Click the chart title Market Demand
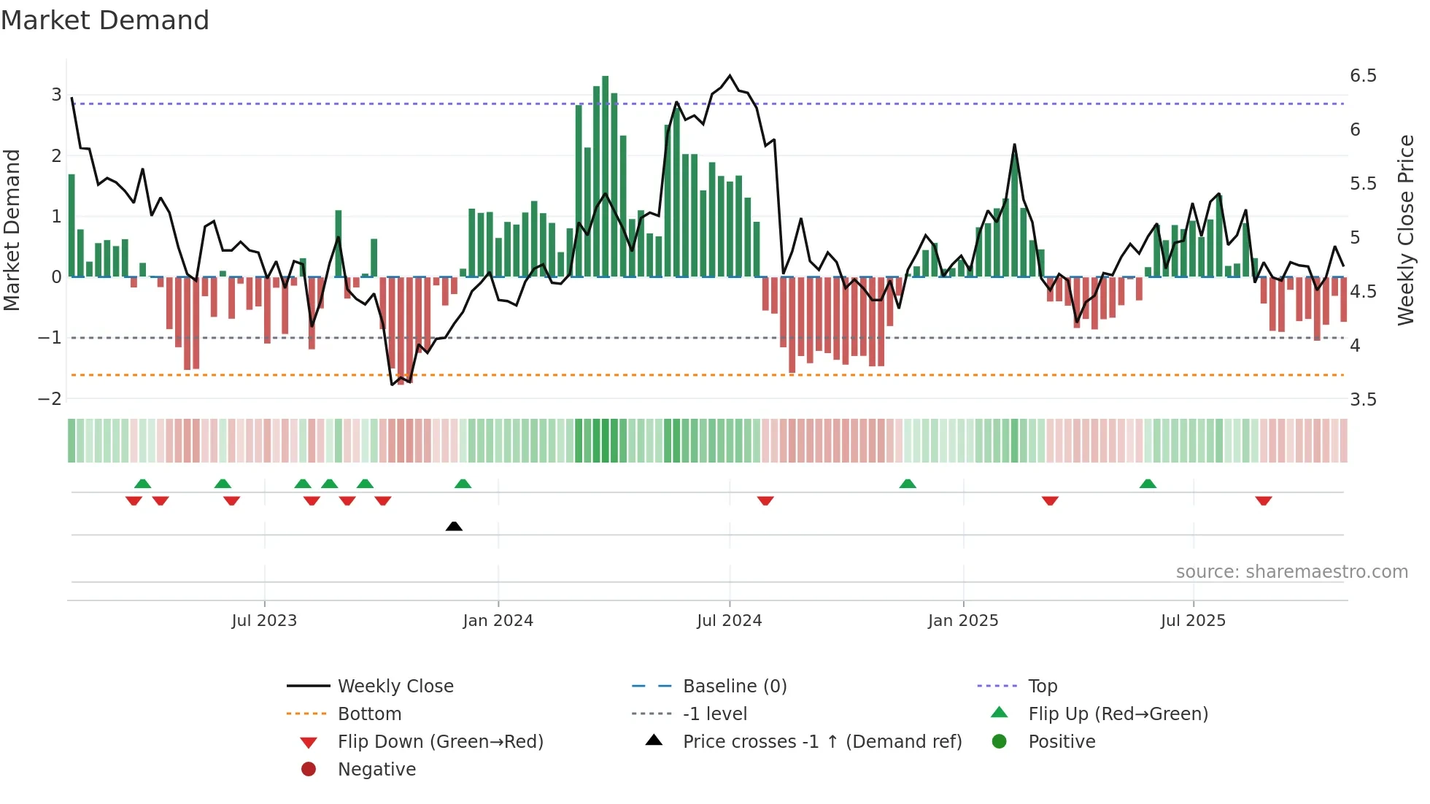click(x=105, y=20)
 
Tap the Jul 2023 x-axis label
click(x=264, y=621)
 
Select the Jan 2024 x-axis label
click(x=498, y=621)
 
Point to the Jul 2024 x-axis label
click(x=729, y=621)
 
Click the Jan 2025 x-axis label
click(x=962, y=621)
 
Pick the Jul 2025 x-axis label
click(x=1193, y=621)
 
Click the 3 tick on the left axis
click(x=56, y=94)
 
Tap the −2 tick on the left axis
click(x=50, y=398)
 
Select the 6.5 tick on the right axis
click(x=1363, y=76)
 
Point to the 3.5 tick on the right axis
click(x=1363, y=399)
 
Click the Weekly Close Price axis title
click(x=1405, y=230)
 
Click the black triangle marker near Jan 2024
click(x=454, y=526)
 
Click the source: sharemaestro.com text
click(x=1291, y=572)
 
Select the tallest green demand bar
click(x=606, y=175)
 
